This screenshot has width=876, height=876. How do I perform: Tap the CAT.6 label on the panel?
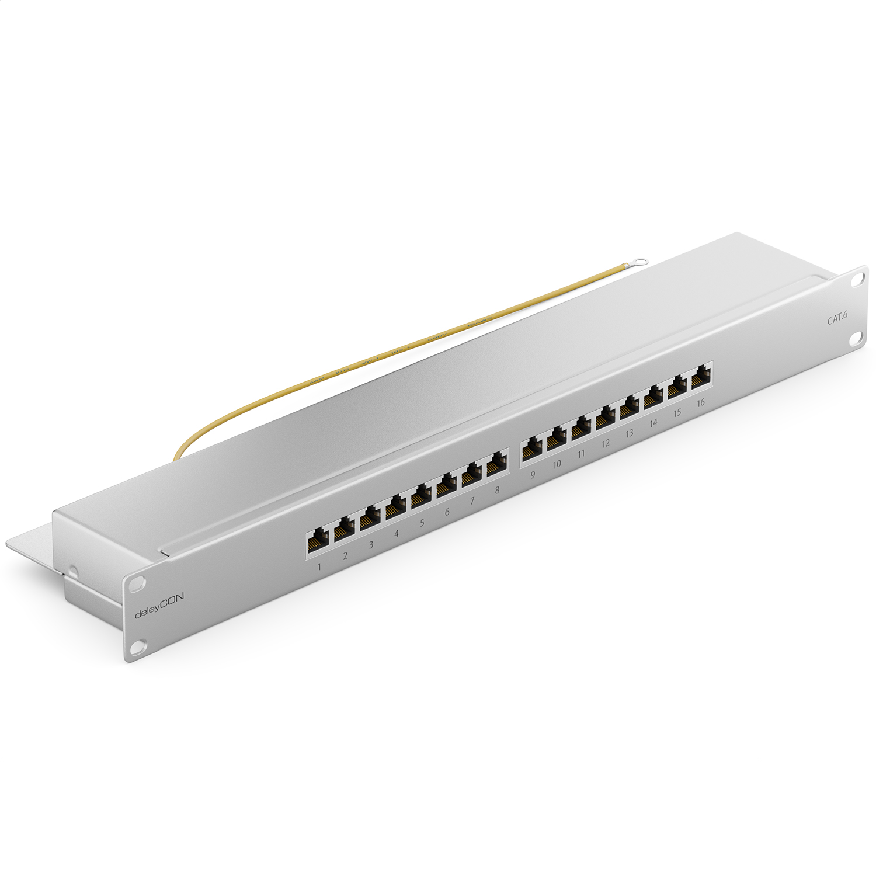click(x=837, y=319)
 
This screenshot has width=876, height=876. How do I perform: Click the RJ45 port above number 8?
click(x=496, y=464)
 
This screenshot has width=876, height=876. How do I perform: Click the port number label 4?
click(x=397, y=533)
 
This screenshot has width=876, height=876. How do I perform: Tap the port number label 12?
click(x=606, y=443)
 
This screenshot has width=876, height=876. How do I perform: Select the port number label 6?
click(x=447, y=512)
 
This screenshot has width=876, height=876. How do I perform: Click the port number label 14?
click(x=653, y=423)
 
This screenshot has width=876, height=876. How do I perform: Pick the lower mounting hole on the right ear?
click(x=859, y=340)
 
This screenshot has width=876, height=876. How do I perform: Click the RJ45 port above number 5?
click(x=419, y=498)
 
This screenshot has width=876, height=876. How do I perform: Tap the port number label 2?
click(x=345, y=555)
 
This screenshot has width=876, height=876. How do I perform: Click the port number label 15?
click(x=677, y=413)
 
